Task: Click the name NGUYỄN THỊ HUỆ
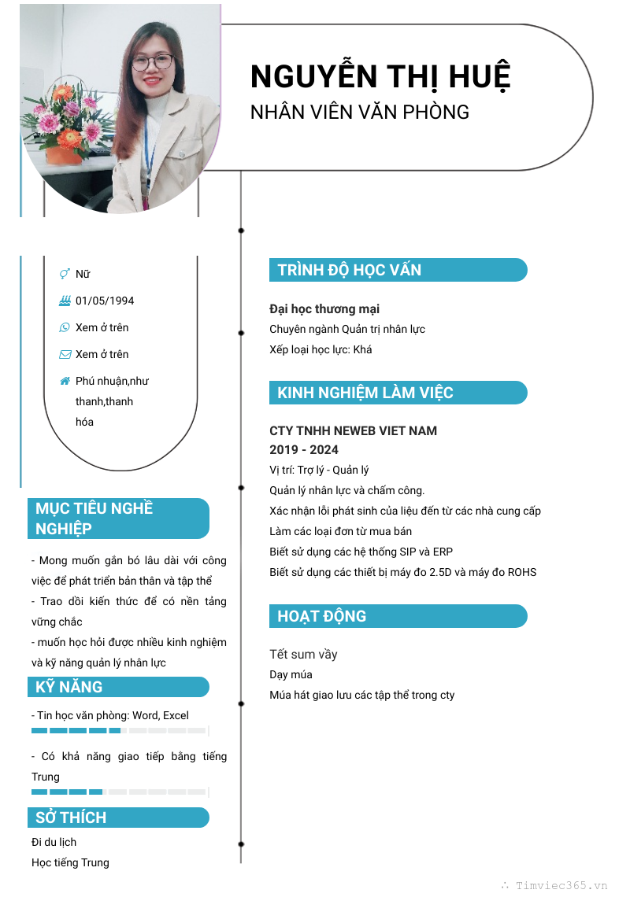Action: pos(380,76)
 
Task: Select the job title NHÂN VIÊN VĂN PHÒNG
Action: pos(360,112)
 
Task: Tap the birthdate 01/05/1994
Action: pos(105,301)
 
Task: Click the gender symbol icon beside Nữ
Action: pos(65,274)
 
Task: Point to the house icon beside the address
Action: pos(65,381)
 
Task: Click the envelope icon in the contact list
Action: pos(65,354)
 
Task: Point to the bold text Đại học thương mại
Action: pos(324,308)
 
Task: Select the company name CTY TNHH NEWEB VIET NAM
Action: pos(353,430)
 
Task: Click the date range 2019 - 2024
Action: pos(304,449)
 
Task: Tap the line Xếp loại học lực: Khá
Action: pos(321,349)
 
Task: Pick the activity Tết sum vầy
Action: pos(303,654)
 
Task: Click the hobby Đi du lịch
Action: pos(54,842)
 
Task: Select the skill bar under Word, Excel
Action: pos(118,731)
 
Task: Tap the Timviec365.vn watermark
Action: pos(561,885)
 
